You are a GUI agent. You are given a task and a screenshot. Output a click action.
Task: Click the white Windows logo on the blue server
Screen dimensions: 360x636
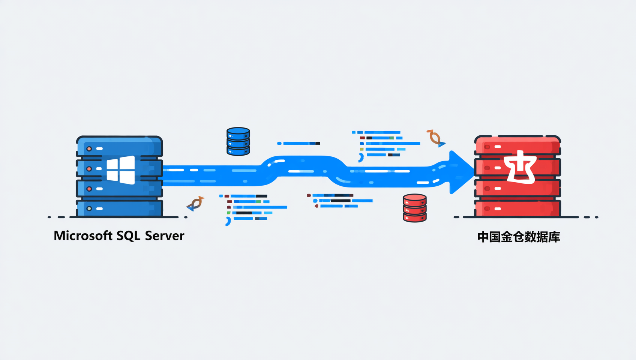click(121, 170)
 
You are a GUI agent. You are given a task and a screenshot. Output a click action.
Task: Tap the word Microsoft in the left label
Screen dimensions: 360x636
click(83, 236)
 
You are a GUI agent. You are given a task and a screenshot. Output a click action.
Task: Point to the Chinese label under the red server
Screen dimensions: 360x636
click(518, 237)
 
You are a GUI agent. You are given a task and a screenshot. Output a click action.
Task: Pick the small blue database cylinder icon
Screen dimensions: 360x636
click(238, 141)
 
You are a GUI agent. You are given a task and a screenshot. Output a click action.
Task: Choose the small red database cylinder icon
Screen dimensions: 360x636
click(414, 208)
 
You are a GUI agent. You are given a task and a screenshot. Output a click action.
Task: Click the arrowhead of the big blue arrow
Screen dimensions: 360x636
click(461, 172)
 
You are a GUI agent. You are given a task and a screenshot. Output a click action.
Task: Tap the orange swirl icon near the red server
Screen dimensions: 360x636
click(435, 138)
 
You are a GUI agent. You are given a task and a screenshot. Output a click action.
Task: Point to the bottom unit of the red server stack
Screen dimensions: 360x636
click(517, 208)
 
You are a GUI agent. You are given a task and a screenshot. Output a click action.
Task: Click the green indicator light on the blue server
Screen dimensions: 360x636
click(89, 208)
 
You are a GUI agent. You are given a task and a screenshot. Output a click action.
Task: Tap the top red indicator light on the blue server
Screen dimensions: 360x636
click(89, 149)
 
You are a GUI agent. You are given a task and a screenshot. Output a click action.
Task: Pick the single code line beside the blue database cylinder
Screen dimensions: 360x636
click(298, 143)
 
